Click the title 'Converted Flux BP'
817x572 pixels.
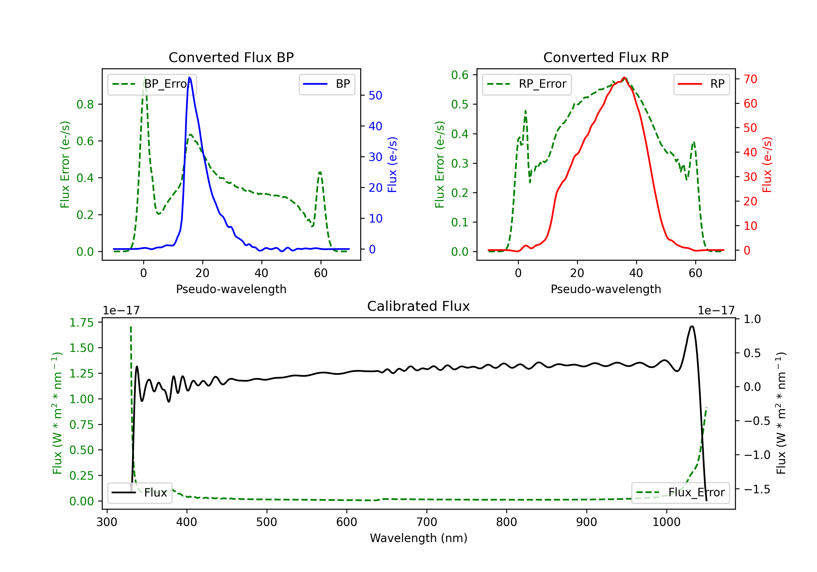click(231, 57)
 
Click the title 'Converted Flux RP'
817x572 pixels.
click(606, 57)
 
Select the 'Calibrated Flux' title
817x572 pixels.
click(419, 306)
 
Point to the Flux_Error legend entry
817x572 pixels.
click(680, 493)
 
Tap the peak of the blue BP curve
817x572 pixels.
click(190, 77)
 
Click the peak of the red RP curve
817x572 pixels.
click(624, 77)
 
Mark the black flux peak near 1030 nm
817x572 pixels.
click(692, 326)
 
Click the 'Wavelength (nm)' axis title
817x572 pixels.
click(419, 538)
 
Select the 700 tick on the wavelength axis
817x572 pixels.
click(427, 522)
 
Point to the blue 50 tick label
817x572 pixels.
click(375, 95)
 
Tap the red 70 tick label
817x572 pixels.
click(751, 79)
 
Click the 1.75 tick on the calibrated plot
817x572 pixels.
click(81, 322)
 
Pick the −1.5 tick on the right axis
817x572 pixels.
click(757, 489)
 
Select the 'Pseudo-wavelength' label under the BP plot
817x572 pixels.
click(231, 289)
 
